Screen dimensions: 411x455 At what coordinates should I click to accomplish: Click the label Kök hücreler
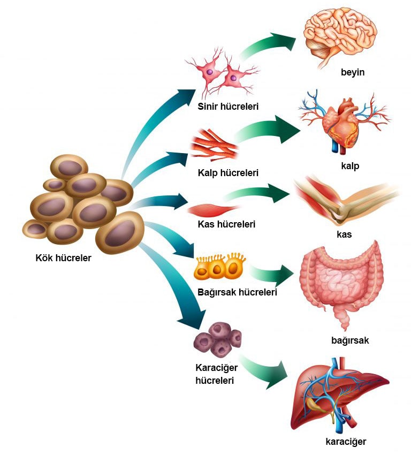tap(63, 257)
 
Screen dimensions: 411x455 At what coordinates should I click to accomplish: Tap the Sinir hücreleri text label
tap(228, 106)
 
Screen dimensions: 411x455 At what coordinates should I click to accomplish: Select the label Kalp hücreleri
tap(228, 173)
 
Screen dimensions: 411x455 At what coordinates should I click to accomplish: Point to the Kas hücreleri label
tap(226, 224)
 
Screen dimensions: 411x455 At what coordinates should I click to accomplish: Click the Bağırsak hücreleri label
tap(237, 292)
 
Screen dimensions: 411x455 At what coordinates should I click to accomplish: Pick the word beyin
tap(353, 72)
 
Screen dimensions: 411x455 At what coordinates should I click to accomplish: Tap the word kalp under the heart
tap(350, 166)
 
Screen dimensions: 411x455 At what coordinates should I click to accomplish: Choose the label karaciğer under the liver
tap(346, 442)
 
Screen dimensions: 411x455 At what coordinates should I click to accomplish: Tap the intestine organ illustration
tap(342, 284)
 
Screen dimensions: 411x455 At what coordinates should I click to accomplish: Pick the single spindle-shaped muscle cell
tap(213, 210)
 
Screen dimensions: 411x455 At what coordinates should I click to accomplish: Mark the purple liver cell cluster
tap(217, 340)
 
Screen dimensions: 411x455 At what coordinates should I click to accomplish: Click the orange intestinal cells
tap(220, 267)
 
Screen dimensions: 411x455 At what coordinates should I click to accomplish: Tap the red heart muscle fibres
tap(214, 145)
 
